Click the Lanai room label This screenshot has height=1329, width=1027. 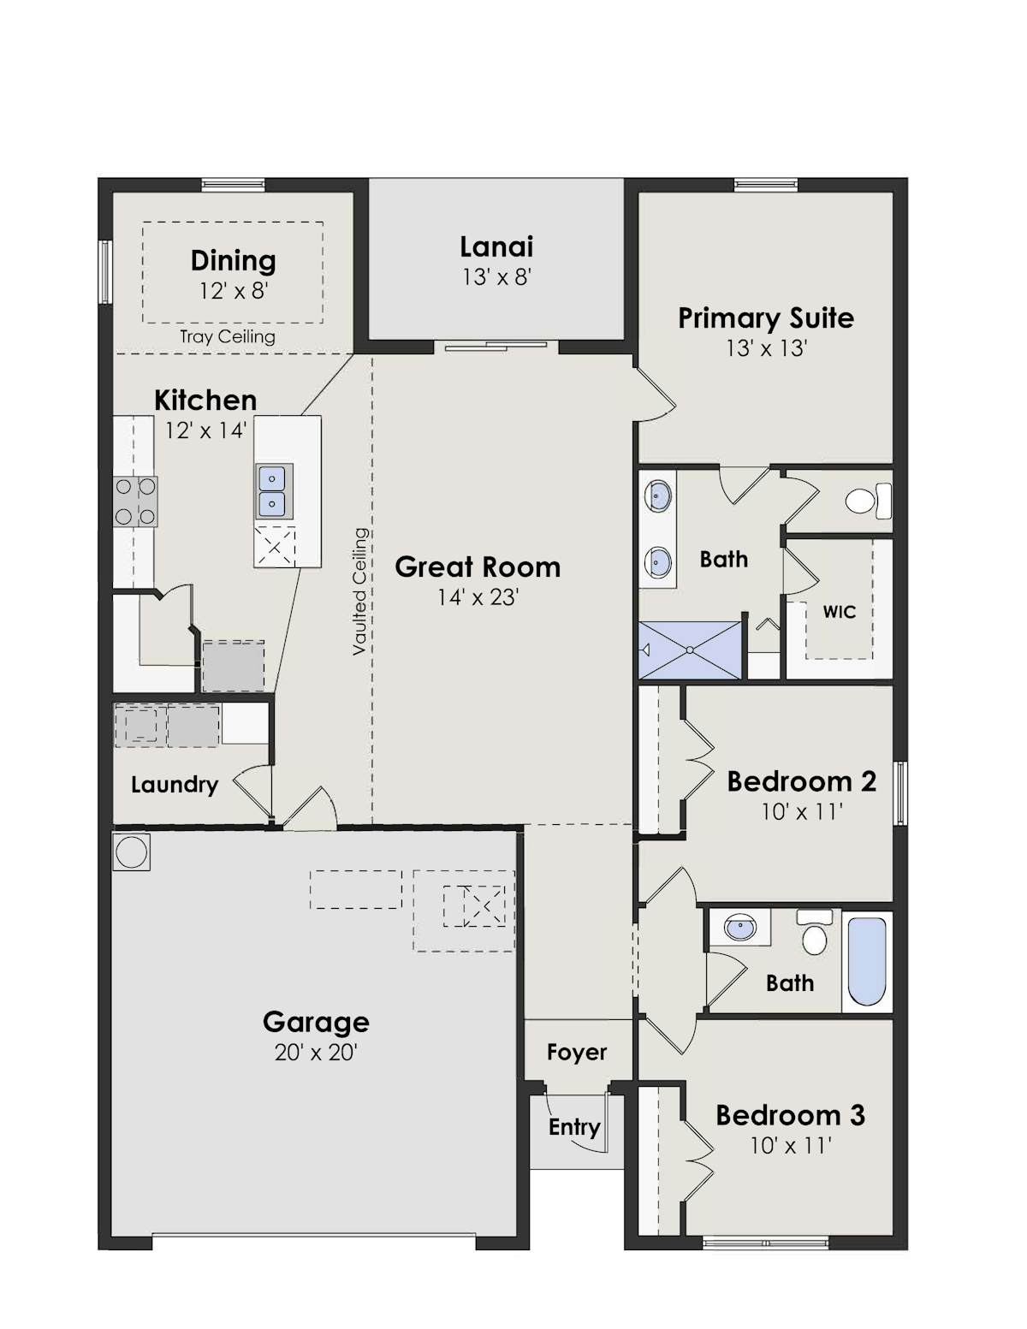point(496,246)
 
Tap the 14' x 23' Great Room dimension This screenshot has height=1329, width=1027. point(478,597)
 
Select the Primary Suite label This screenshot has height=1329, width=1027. point(766,318)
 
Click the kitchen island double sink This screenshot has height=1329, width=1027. point(274,491)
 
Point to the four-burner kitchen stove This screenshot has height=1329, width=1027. point(135,501)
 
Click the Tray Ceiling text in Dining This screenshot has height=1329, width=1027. point(228,337)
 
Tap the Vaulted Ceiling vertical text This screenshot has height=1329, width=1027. point(359,591)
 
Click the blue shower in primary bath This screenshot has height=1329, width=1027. point(690,650)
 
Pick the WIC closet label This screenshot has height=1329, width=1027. point(839,612)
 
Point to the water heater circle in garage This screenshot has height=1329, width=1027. point(132,852)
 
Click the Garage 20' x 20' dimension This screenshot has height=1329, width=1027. point(316,1053)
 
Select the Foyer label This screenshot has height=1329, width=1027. point(577,1053)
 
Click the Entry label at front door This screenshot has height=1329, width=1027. point(574,1127)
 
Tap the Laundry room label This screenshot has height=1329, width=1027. point(175,785)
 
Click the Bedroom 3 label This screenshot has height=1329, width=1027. point(790,1115)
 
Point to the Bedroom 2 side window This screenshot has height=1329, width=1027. point(900,792)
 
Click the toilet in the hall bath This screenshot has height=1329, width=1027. point(814,933)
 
